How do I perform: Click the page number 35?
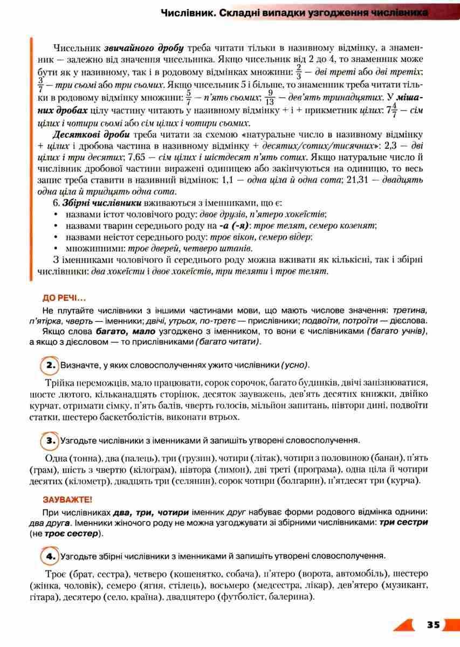point(433,625)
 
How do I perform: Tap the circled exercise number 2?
point(51,365)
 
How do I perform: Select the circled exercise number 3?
point(51,440)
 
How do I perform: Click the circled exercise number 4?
point(51,555)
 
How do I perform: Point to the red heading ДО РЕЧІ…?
point(64,298)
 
